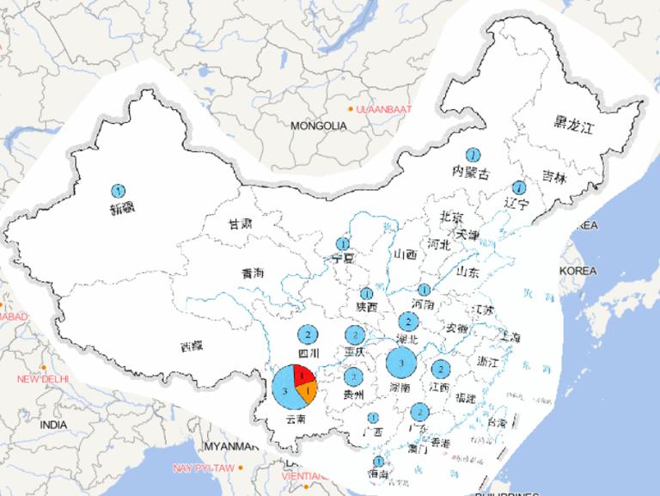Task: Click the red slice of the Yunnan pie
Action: (302, 375)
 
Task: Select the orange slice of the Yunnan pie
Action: (309, 393)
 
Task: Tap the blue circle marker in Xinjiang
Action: (119, 190)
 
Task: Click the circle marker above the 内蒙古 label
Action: (473, 155)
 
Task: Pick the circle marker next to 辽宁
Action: (518, 187)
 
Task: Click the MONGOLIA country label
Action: (318, 126)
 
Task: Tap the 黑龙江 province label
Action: (573, 126)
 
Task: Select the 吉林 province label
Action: (554, 179)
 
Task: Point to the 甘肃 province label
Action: (240, 224)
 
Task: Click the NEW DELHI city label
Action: (43, 379)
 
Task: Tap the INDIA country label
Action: (52, 425)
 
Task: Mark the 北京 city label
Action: (451, 216)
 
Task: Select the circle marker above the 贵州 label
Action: (353, 377)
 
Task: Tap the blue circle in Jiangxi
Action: (441, 370)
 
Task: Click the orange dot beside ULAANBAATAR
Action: (350, 109)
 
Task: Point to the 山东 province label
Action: (467, 272)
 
